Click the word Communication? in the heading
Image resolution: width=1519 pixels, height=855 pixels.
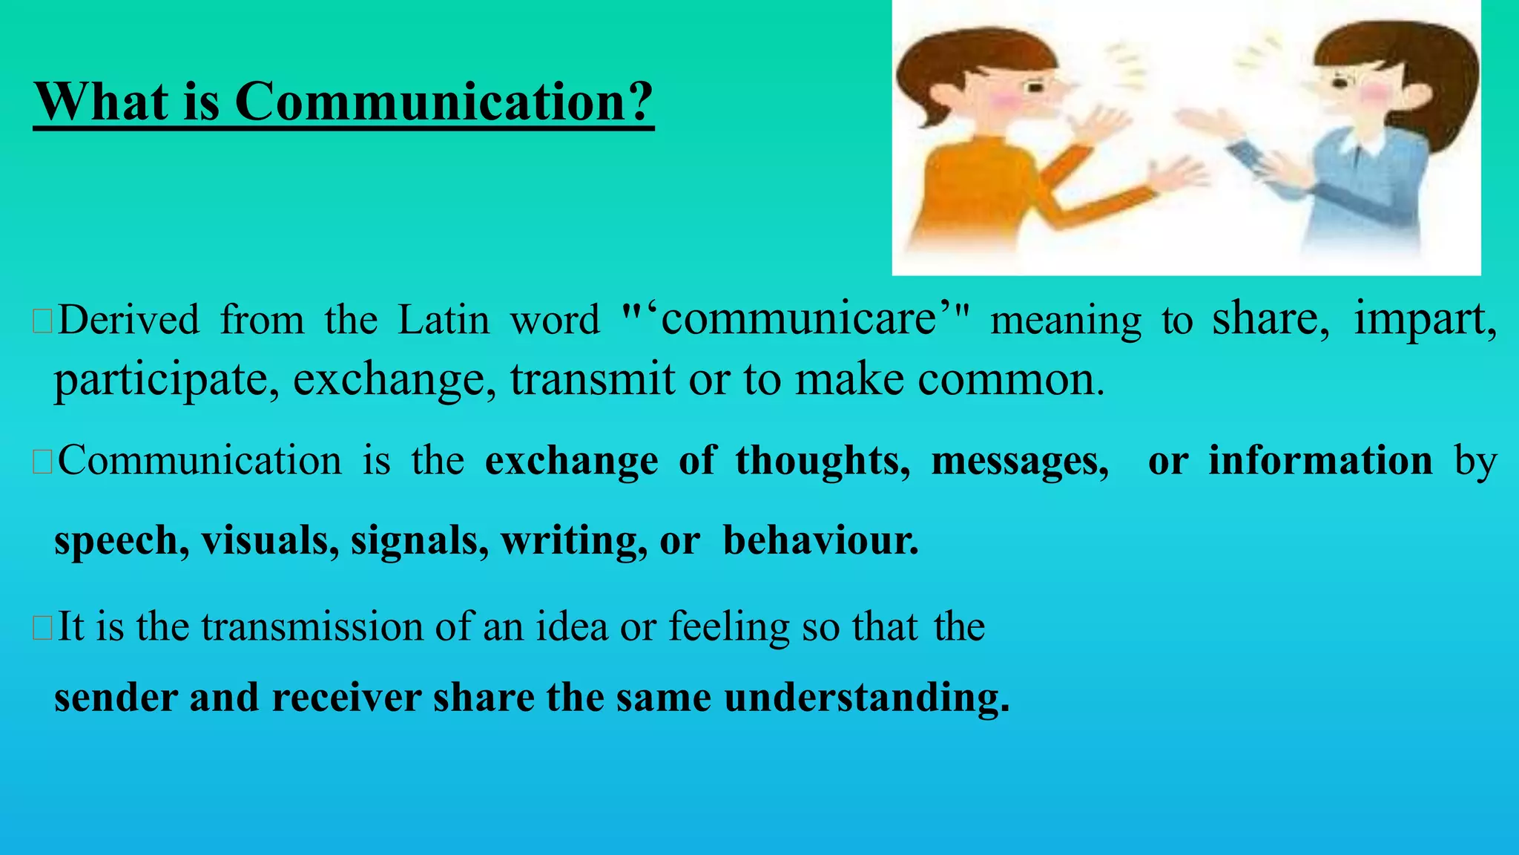tap(444, 102)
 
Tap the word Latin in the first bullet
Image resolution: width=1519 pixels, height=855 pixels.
tap(444, 320)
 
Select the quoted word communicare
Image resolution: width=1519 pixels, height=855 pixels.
tap(798, 318)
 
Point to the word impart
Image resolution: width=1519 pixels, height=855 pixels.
tap(1424, 318)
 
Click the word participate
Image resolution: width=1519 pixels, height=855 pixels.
tap(166, 379)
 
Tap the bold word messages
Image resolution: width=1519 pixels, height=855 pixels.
tap(1020, 461)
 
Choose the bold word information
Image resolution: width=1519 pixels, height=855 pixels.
tap(1320, 461)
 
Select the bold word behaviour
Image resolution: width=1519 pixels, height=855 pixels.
tap(820, 540)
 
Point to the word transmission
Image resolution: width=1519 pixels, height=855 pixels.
tap(312, 626)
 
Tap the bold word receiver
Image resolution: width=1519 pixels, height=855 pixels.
tap(346, 698)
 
